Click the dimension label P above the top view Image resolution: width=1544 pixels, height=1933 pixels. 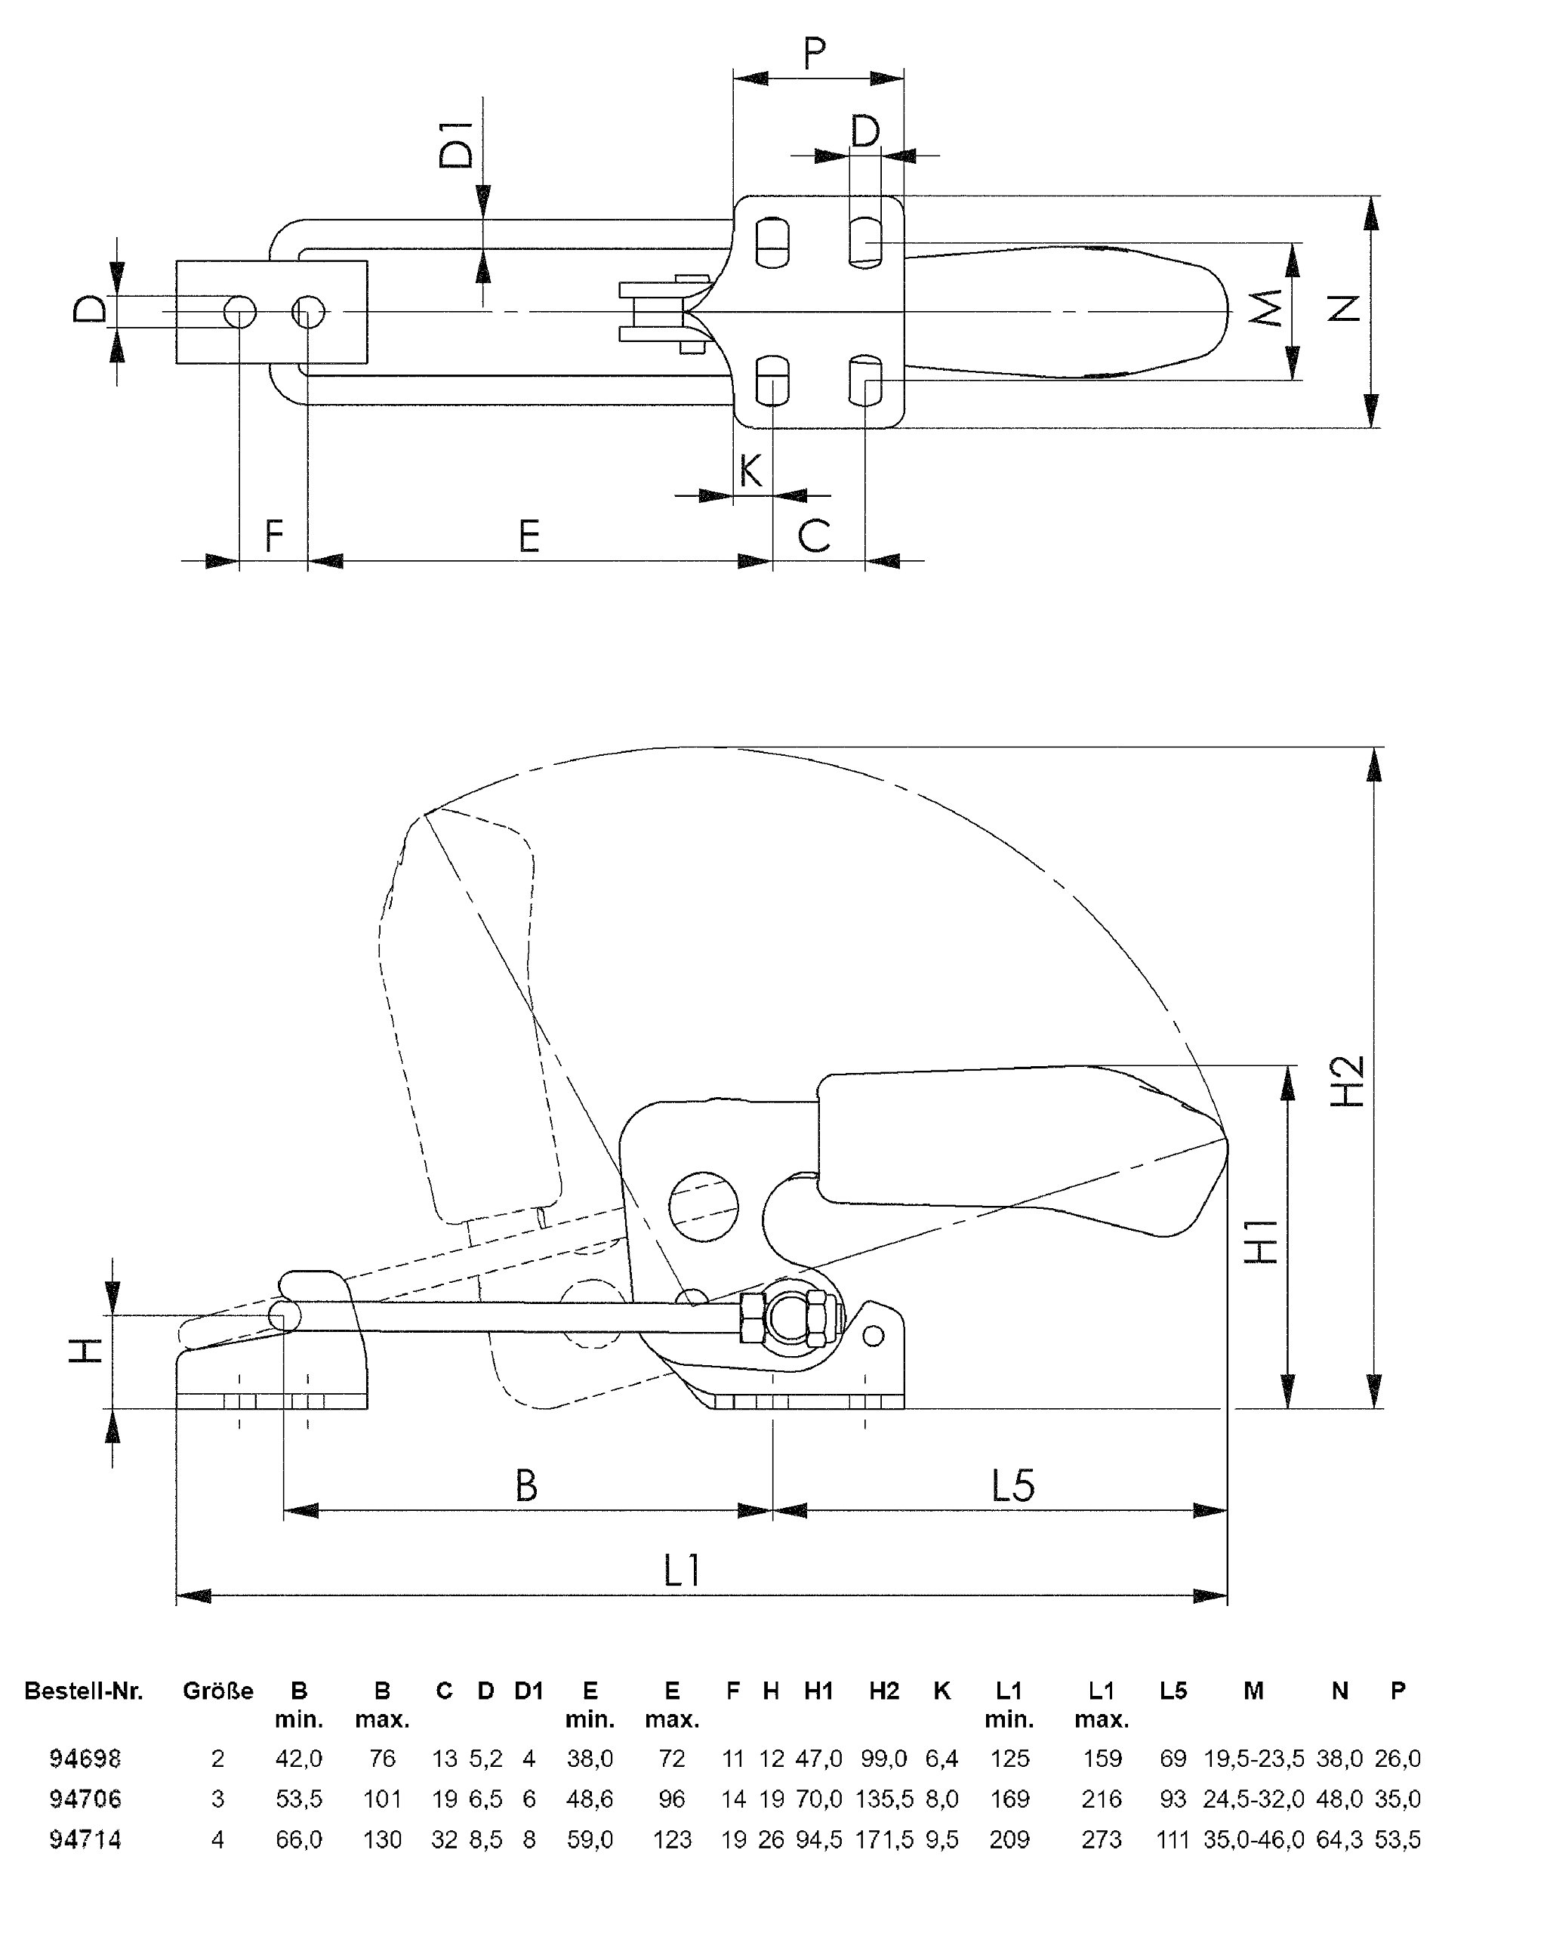point(813,54)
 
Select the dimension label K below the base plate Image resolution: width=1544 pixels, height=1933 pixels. point(750,470)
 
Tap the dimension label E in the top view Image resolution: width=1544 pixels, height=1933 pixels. point(529,536)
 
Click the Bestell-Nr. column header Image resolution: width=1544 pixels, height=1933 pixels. point(83,1691)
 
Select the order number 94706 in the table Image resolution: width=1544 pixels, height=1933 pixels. point(85,1799)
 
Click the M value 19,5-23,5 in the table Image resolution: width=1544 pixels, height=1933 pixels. point(1253,1758)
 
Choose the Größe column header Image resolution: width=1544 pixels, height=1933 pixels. point(218,1691)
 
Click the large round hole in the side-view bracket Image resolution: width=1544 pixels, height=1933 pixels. point(703,1207)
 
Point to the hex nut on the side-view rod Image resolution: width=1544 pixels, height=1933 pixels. point(751,1317)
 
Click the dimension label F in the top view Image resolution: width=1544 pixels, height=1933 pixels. point(273,536)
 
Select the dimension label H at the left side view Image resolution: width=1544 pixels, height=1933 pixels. point(86,1350)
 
